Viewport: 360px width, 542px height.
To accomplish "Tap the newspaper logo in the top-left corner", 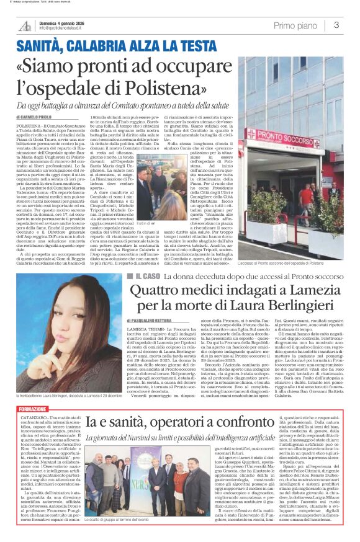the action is pos(25,25).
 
